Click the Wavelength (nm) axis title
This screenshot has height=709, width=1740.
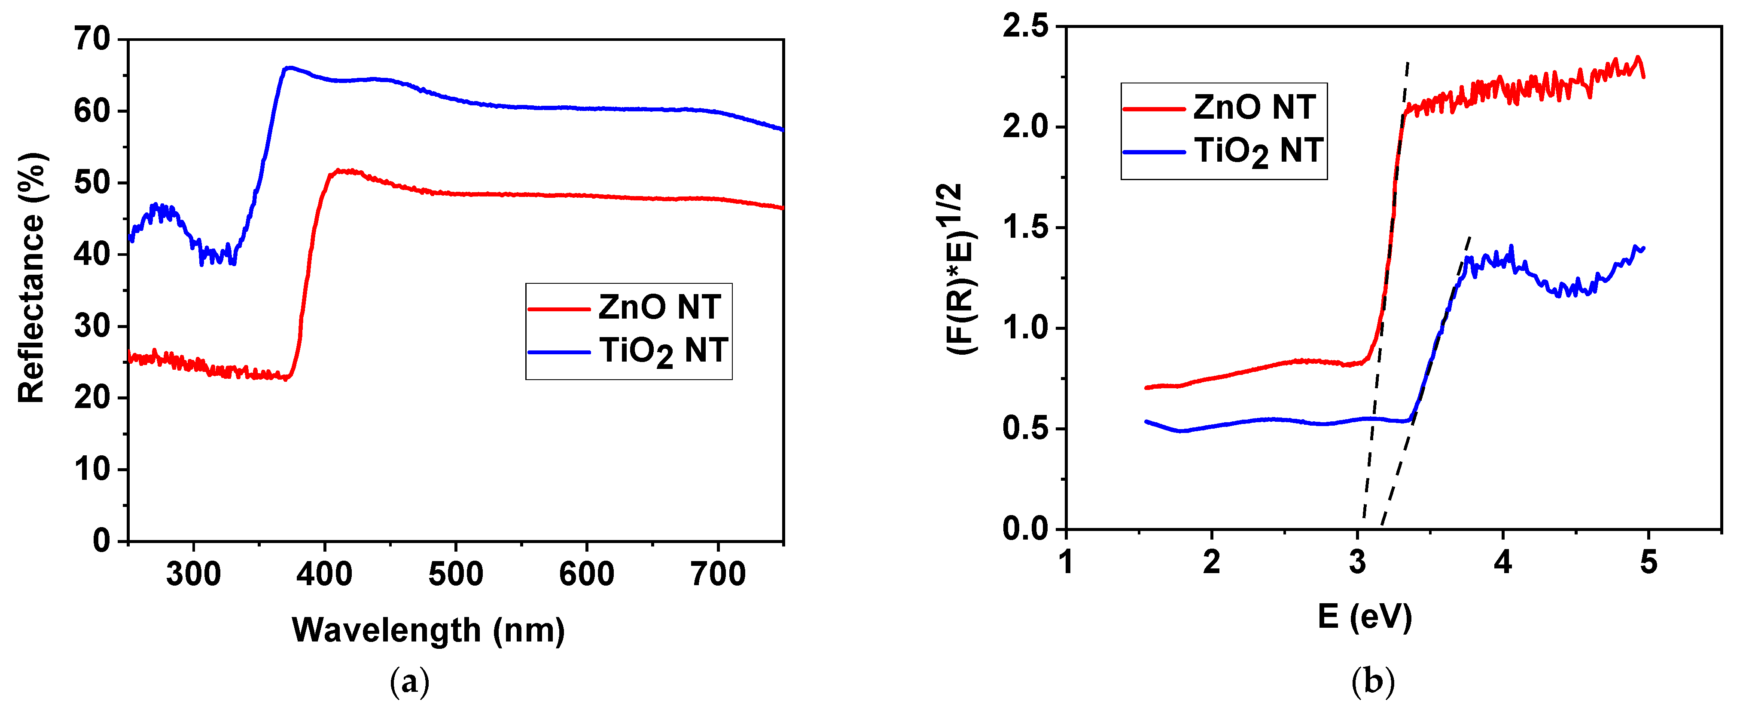(x=428, y=630)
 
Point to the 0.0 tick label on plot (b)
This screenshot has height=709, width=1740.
(x=1025, y=528)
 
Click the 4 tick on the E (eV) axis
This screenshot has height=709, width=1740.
(x=1503, y=562)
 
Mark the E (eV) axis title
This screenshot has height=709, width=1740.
(x=1365, y=617)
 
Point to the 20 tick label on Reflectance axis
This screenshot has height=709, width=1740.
(x=92, y=397)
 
